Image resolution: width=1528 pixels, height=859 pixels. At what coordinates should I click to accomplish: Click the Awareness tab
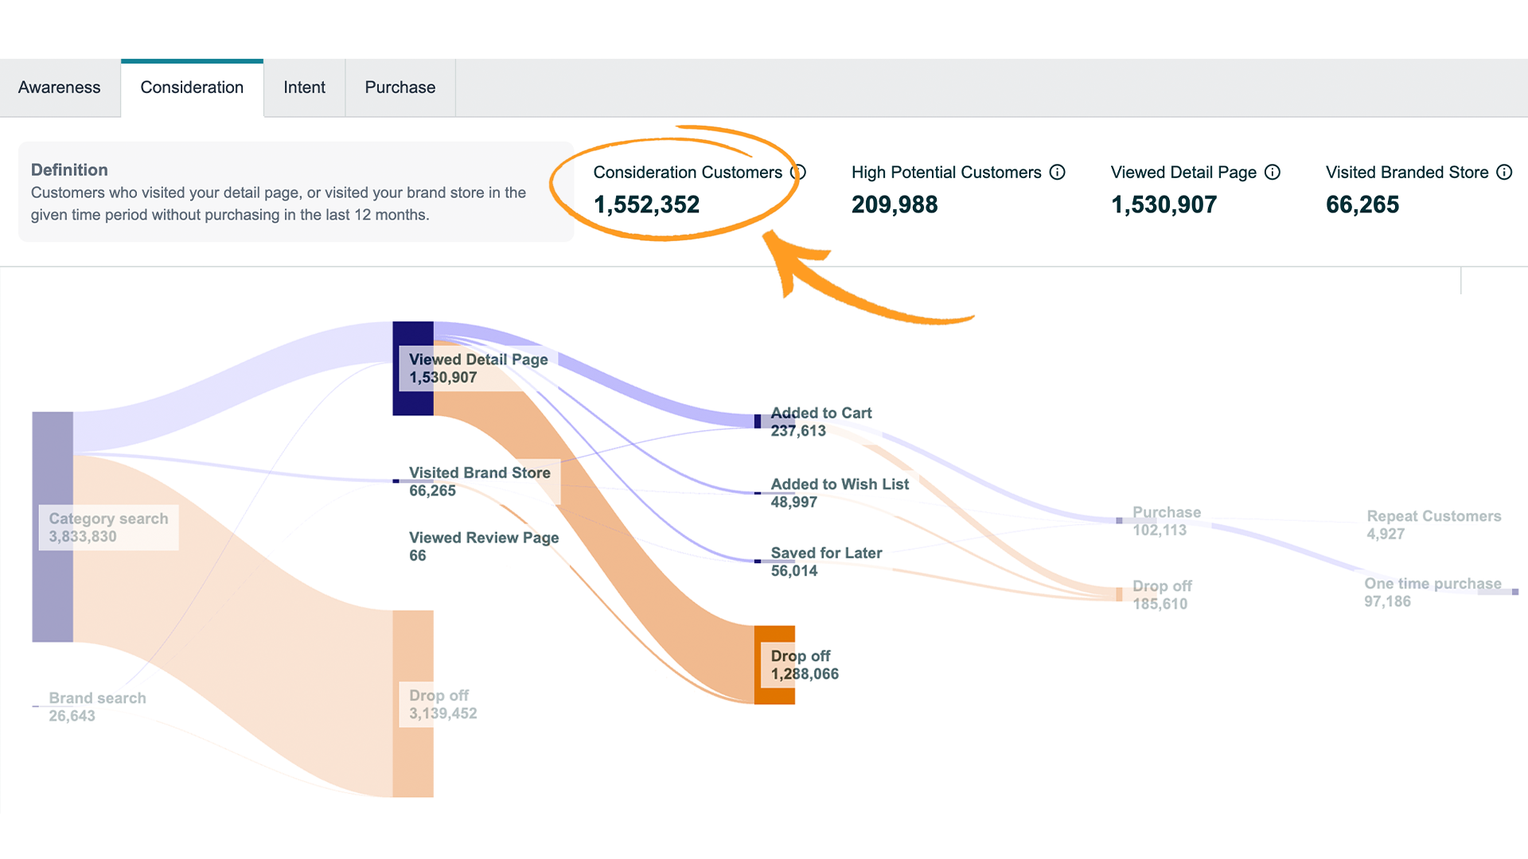click(x=60, y=87)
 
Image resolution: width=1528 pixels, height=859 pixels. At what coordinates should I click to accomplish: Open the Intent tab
click(x=304, y=87)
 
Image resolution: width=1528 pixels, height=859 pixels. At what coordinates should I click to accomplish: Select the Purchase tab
click(x=400, y=87)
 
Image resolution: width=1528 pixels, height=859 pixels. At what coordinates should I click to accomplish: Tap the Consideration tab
click(x=192, y=87)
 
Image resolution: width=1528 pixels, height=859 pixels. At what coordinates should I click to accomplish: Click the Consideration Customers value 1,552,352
click(x=646, y=204)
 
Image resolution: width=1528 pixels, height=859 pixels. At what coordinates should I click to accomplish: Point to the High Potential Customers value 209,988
click(x=895, y=204)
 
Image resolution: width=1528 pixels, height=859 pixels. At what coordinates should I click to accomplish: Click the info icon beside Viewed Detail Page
click(x=1273, y=173)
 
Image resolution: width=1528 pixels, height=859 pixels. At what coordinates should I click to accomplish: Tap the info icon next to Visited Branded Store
click(x=1504, y=173)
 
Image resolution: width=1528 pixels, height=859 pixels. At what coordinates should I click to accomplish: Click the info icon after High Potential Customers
click(x=1057, y=173)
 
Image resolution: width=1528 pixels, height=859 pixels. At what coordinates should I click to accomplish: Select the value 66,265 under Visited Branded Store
click(x=1362, y=204)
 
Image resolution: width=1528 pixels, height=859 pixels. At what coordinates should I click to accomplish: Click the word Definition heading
click(x=69, y=169)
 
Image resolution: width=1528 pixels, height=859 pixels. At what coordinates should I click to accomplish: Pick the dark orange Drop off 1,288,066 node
click(x=774, y=665)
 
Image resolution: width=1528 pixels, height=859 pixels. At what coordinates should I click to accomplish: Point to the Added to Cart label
click(x=821, y=413)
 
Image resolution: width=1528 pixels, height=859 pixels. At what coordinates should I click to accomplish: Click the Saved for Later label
click(x=826, y=553)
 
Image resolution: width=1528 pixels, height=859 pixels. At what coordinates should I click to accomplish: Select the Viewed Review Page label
click(x=484, y=538)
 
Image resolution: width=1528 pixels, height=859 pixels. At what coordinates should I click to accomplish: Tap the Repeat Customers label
click(x=1433, y=516)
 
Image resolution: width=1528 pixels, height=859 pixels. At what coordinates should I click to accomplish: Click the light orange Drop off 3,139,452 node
click(x=413, y=703)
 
